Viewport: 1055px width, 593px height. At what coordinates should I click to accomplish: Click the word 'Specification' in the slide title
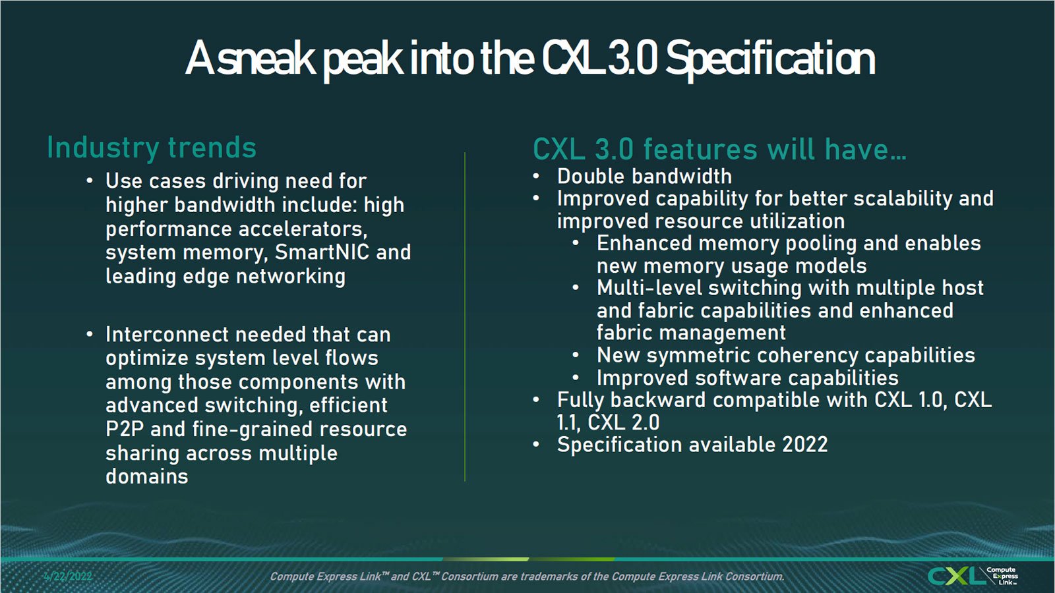[x=771, y=59]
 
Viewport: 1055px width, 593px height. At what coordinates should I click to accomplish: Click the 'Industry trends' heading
[x=152, y=148]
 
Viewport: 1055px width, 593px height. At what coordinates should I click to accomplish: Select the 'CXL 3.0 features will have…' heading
[x=719, y=149]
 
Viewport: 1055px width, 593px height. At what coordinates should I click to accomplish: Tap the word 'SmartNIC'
[x=322, y=252]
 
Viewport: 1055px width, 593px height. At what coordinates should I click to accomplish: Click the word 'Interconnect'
[x=167, y=335]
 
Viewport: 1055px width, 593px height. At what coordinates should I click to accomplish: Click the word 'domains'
[x=147, y=477]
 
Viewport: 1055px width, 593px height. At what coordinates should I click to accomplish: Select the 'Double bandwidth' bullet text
[x=644, y=177]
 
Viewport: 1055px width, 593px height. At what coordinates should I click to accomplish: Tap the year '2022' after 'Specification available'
[x=805, y=445]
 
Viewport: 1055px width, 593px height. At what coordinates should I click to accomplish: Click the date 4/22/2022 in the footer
[x=68, y=576]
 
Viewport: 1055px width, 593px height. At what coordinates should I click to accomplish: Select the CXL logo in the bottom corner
[x=972, y=576]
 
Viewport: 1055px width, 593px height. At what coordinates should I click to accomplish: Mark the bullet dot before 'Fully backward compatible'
[x=536, y=401]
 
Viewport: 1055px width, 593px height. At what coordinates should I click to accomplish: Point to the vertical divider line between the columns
[x=465, y=316]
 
